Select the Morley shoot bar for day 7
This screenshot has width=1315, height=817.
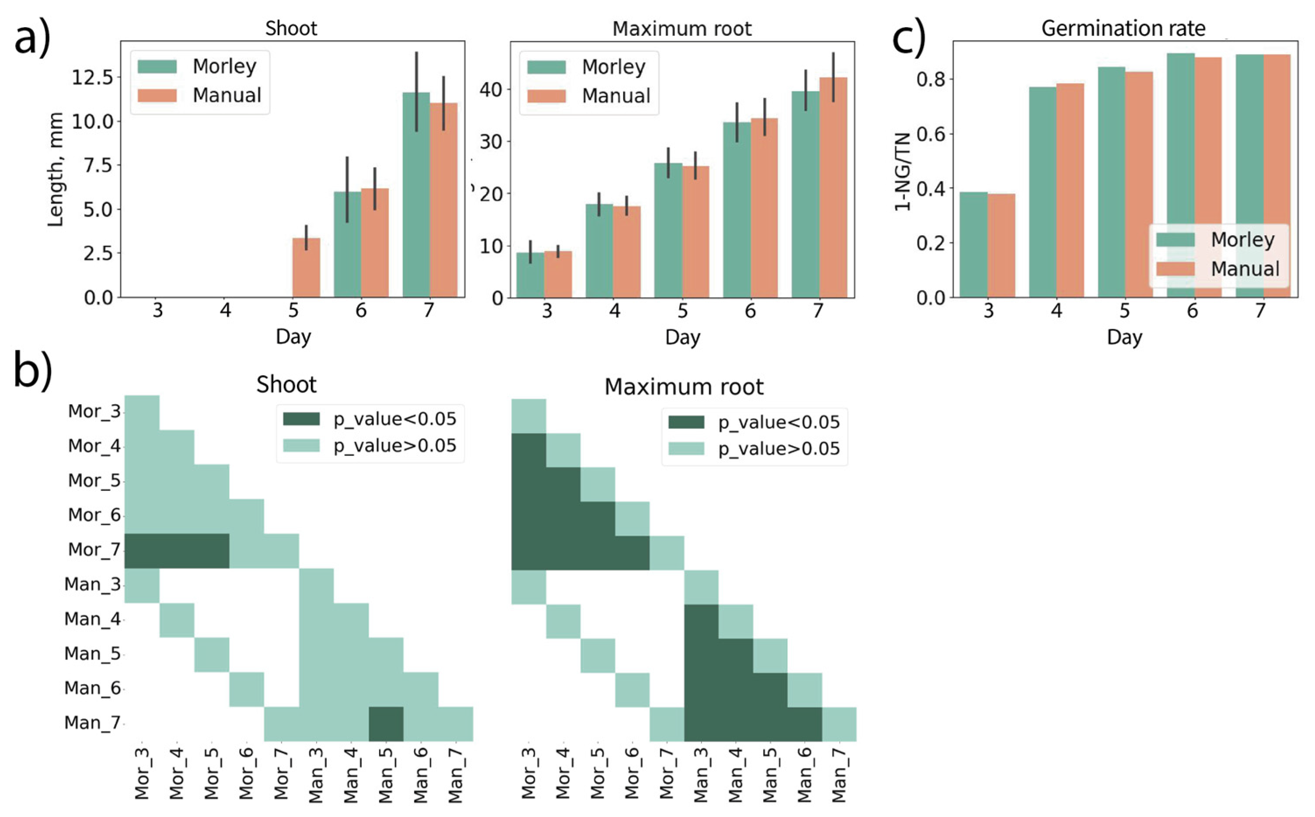click(x=416, y=195)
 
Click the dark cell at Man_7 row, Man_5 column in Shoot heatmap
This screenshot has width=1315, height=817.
click(x=386, y=723)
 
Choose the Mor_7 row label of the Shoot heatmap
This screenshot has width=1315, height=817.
click(x=94, y=550)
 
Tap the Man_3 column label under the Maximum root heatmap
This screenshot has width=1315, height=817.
click(x=700, y=775)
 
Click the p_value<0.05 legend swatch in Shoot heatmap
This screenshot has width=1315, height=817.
click(x=301, y=419)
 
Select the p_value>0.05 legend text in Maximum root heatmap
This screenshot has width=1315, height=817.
click(x=778, y=448)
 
